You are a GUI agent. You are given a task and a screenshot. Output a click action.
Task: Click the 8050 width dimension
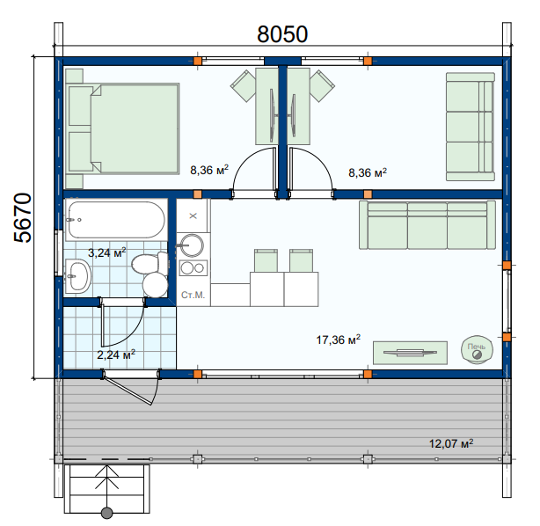point(282,34)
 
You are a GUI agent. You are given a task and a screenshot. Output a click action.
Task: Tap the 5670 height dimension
point(23,218)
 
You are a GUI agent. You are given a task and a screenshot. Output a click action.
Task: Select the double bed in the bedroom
point(122,128)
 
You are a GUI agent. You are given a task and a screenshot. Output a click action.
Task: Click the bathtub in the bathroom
point(116,220)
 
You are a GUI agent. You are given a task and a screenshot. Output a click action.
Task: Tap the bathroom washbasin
point(77,276)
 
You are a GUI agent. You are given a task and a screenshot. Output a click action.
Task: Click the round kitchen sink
point(192,245)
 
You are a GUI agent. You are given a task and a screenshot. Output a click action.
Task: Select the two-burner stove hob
point(193,268)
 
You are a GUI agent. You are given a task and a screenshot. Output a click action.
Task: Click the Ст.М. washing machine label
point(193,296)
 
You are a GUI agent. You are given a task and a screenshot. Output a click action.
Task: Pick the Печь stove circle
point(477,350)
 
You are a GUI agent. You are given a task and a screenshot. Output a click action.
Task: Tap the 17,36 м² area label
point(339,340)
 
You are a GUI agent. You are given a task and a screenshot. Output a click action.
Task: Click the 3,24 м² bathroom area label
point(107,252)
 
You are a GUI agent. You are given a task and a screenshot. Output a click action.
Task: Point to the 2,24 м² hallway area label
point(116,354)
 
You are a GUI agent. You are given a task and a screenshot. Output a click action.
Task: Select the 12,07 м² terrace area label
point(451,443)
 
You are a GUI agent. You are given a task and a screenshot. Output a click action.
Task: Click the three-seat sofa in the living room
point(427,224)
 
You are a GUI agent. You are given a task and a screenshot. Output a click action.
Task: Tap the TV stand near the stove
point(410,353)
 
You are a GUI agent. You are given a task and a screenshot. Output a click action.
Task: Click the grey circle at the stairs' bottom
point(107,513)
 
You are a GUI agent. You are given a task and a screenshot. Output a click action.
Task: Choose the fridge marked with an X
point(193,216)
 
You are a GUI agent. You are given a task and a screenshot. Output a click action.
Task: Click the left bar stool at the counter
point(266,260)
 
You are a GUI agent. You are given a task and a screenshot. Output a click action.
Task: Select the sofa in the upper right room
point(471,127)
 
